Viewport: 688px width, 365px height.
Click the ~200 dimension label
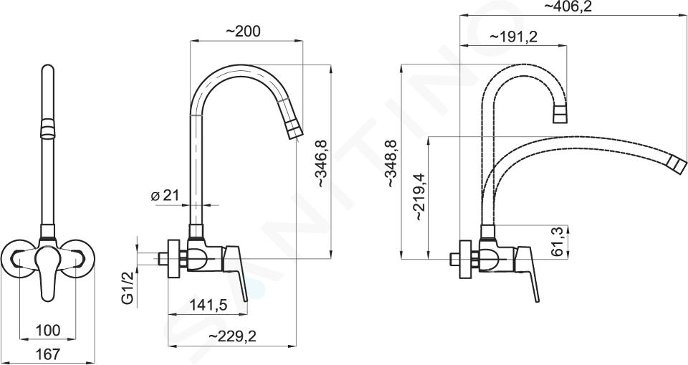pos(243,31)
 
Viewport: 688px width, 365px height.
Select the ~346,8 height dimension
pos(322,163)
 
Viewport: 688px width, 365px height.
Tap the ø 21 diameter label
pos(165,196)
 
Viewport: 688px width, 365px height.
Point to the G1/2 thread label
pos(128,288)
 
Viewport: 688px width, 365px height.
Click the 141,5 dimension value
pos(208,304)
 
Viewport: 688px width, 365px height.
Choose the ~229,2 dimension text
pos(232,336)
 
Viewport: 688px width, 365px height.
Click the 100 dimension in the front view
pos(48,330)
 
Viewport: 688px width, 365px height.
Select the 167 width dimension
pos(47,354)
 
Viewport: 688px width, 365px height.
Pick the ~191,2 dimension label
pos(513,37)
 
